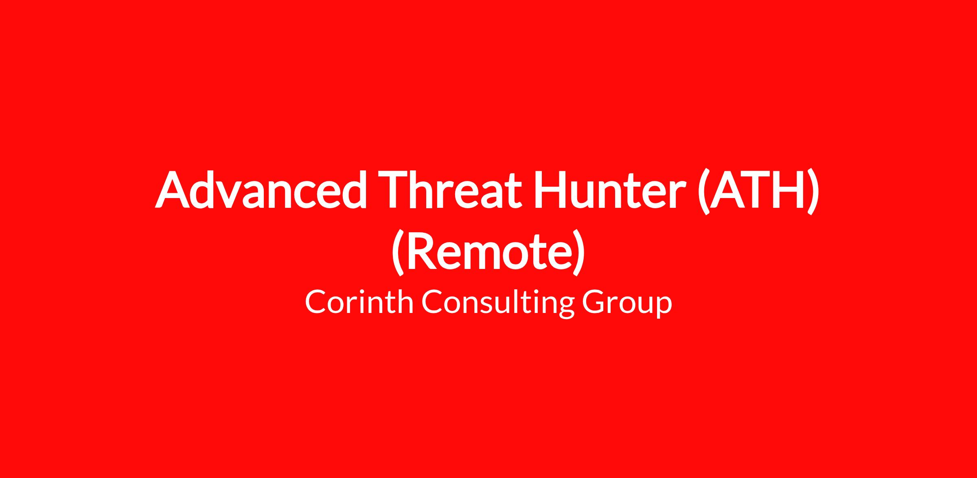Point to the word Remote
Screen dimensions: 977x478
[x=488, y=250]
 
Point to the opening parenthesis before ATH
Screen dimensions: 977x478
[x=704, y=192]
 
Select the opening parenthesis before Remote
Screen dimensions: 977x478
[x=399, y=253]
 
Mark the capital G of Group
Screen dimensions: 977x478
[x=595, y=302]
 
